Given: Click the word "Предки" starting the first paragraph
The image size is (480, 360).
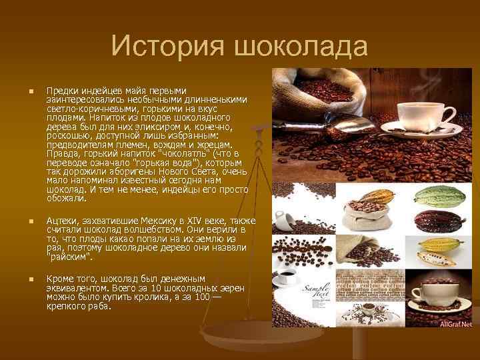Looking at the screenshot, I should (x=61, y=90).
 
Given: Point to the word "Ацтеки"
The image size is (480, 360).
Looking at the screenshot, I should (x=62, y=221).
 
